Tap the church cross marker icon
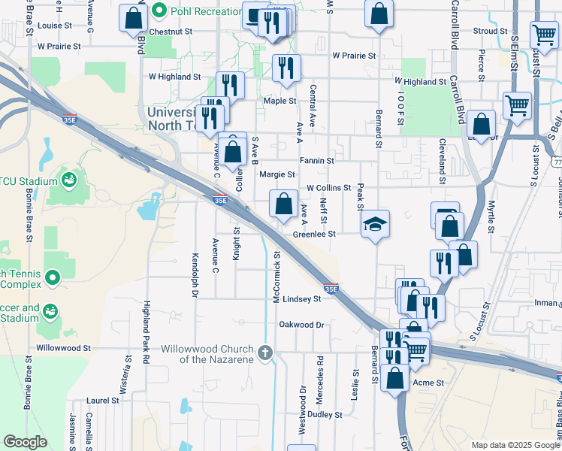pos(264,353)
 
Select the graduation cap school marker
pos(374,224)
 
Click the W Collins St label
pos(328,188)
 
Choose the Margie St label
pos(275,174)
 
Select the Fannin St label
pos(316,160)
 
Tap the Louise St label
pos(53,25)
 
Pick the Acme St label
pos(428,383)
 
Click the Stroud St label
pos(491,31)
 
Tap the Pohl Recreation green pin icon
pos(159,11)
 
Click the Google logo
pos(26,442)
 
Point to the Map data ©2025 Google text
pos(515,445)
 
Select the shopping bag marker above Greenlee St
pos(283,204)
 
